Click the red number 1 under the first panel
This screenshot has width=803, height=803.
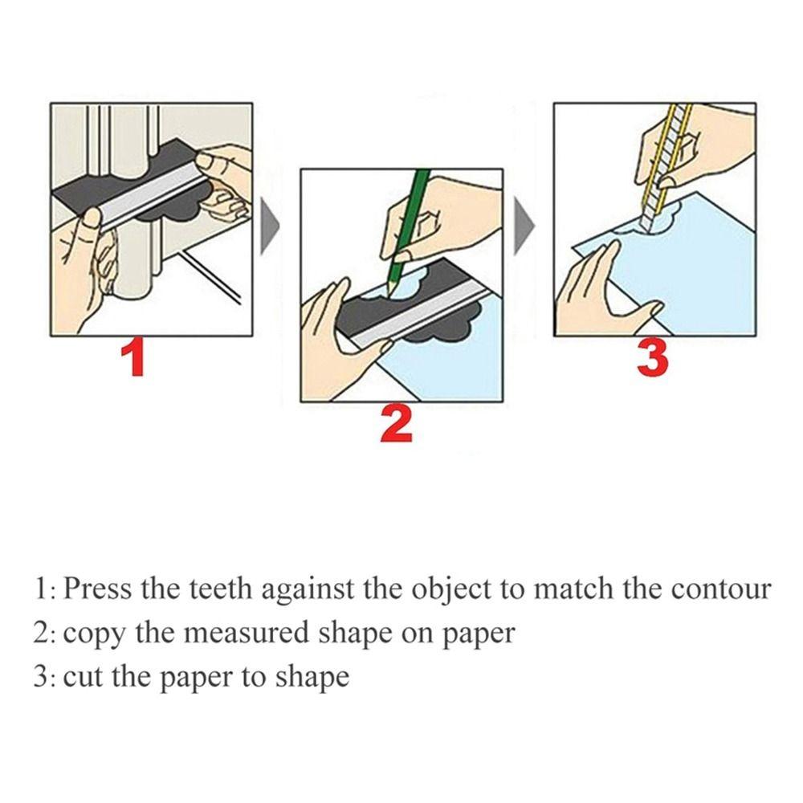(137, 358)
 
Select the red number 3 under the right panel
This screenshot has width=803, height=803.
(652, 358)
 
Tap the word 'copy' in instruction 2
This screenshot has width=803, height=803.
(94, 635)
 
